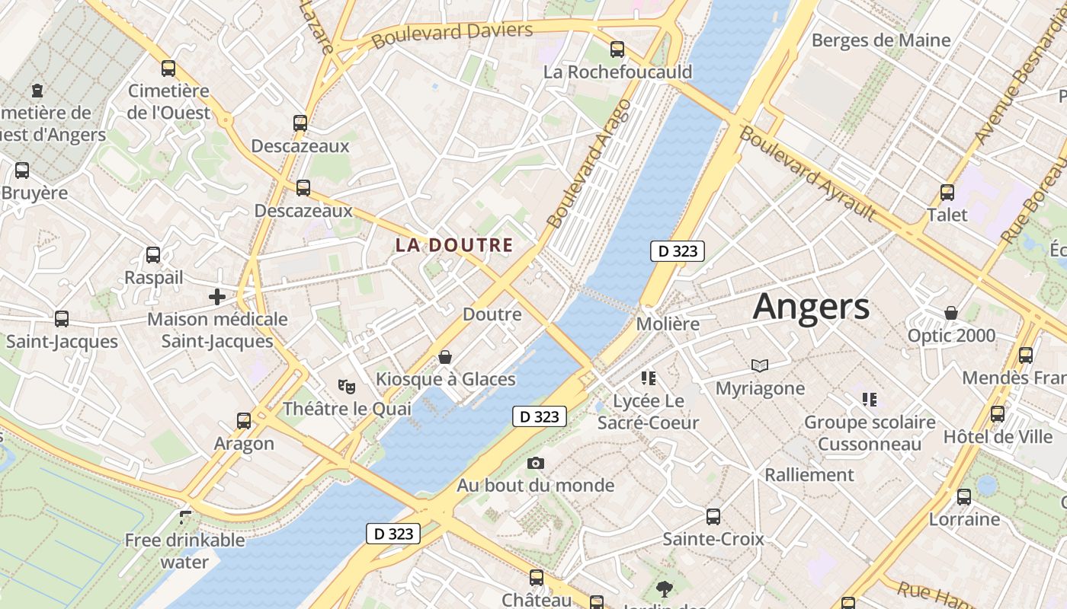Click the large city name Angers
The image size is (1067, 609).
(811, 307)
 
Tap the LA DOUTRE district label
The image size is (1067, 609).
(453, 245)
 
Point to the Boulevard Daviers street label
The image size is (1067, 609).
(452, 33)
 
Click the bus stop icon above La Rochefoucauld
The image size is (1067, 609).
(617, 49)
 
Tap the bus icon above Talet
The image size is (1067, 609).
(947, 193)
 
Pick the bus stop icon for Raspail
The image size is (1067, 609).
(153, 255)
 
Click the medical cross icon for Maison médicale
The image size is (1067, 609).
(217, 296)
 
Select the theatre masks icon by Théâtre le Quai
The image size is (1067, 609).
(347, 387)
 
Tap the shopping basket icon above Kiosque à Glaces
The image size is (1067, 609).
(445, 357)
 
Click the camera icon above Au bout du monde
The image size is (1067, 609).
(536, 463)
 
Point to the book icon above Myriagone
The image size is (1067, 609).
(759, 366)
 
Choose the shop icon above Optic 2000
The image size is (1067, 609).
(951, 313)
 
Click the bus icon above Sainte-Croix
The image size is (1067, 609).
(713, 517)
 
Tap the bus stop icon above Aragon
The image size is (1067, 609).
(244, 420)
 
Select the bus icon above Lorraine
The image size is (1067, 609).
(964, 497)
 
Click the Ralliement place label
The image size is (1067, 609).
(809, 475)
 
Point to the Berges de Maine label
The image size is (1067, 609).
(881, 40)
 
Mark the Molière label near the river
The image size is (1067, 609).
(668, 324)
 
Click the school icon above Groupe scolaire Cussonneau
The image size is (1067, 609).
(870, 399)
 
